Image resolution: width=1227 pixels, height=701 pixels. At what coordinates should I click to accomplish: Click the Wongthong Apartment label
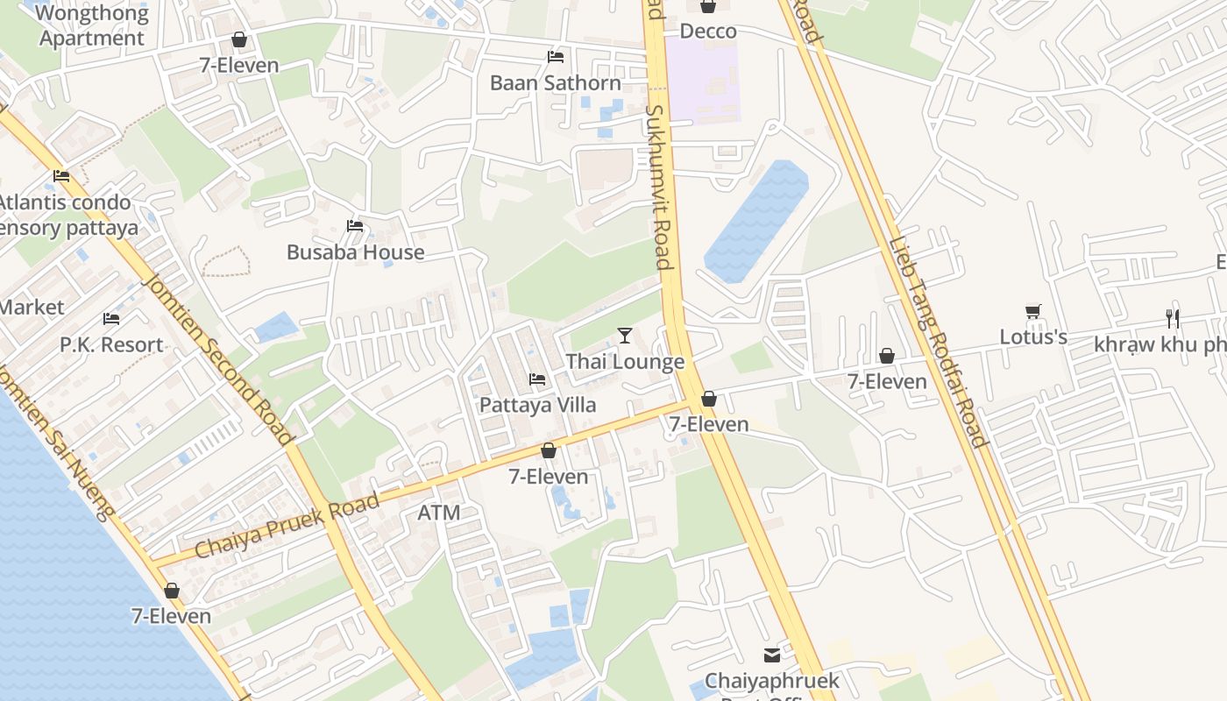point(91,26)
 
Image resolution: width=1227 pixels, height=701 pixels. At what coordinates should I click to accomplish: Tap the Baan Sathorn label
point(556,83)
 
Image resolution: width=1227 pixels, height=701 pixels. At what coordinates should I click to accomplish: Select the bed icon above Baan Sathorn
point(556,57)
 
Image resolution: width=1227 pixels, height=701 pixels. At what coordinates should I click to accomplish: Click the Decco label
point(708,32)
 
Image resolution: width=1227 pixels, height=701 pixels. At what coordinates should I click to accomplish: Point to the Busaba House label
point(356,252)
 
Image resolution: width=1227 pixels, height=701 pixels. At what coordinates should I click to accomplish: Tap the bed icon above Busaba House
point(355,226)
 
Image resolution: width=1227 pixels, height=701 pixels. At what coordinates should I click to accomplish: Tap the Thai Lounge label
point(625,362)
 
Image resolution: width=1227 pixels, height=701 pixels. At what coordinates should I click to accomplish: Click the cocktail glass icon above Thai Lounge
point(625,335)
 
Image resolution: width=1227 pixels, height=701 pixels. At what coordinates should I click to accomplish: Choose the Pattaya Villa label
point(537,405)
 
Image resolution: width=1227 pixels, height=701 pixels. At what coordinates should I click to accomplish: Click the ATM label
point(438,513)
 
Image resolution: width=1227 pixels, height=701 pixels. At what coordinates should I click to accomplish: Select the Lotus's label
point(1033,337)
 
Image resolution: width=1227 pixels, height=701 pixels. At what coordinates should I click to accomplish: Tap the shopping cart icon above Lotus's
point(1033,312)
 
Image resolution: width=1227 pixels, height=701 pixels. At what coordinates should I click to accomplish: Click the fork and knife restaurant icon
point(1173,318)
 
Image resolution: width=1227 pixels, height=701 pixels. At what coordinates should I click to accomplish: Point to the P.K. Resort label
point(111,344)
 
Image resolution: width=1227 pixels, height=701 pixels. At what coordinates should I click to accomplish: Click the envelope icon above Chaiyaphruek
point(772,655)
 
